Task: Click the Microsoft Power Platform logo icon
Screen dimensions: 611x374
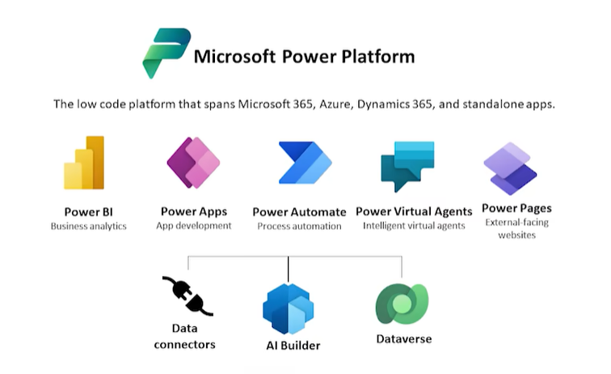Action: tap(166, 53)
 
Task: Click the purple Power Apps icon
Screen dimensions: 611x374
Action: tap(193, 163)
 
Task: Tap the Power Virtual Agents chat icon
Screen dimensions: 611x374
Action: tap(407, 165)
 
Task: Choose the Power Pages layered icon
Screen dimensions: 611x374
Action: tap(511, 168)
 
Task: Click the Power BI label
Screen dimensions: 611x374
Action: tap(88, 212)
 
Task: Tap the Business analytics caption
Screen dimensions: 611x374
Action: tap(88, 227)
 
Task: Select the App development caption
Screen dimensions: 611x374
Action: tap(193, 226)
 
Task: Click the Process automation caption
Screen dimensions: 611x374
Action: tap(299, 227)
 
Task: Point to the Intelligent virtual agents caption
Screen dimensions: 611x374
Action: tap(414, 226)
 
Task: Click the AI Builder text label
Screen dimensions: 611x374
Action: tap(293, 346)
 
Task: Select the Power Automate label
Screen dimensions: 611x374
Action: tap(299, 212)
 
